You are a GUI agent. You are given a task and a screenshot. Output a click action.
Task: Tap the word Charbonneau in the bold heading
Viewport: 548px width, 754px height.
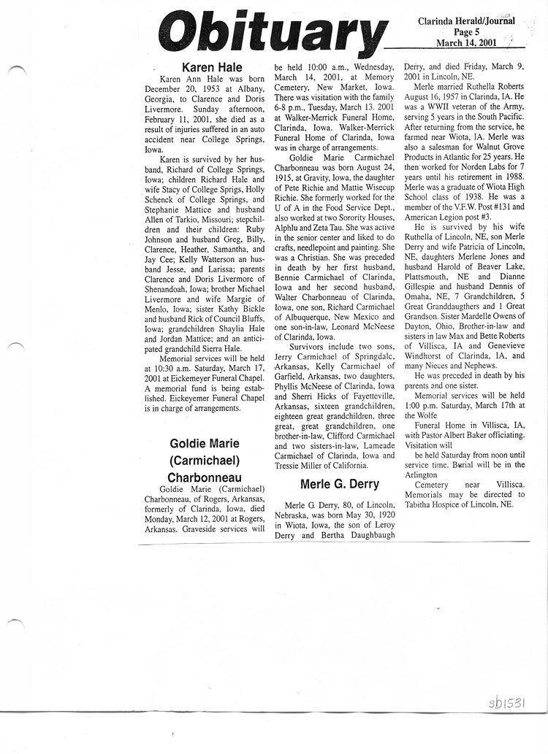205,477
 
